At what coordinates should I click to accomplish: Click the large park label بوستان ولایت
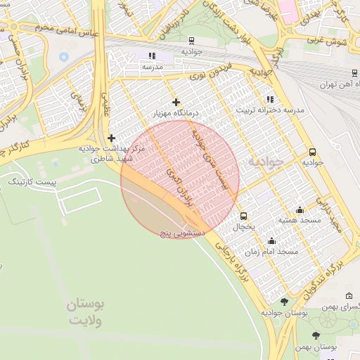tap(86, 312)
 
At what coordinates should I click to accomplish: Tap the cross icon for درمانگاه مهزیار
tap(176, 103)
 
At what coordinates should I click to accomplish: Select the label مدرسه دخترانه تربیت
tap(262, 110)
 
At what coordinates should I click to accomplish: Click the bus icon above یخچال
tap(244, 216)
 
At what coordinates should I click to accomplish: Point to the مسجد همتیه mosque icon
tap(300, 210)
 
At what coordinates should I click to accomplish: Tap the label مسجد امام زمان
tap(272, 251)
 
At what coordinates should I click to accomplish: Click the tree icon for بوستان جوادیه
tap(284, 302)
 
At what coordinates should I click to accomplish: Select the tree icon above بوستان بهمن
tap(316, 335)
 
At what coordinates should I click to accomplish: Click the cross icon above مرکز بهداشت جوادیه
tap(111, 138)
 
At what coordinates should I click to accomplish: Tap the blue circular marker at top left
tap(64, 56)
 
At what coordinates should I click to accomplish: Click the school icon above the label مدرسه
tap(152, 56)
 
